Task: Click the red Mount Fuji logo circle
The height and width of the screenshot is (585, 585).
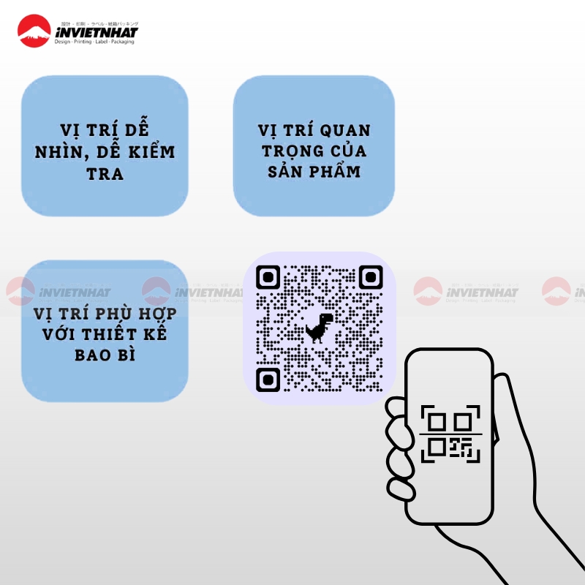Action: tap(33, 32)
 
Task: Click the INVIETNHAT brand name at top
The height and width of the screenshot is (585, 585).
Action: tap(96, 31)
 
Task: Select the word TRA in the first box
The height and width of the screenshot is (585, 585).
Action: tap(105, 175)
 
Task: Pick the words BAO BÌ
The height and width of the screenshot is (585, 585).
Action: tap(105, 356)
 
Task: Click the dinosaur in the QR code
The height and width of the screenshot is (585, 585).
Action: tap(319, 328)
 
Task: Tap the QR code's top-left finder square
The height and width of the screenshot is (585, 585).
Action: tap(268, 278)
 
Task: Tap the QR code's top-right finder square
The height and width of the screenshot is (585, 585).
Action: tap(371, 278)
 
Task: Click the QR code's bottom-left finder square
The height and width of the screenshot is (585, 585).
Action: tap(268, 379)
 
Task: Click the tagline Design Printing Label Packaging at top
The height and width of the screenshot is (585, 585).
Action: tap(96, 42)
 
